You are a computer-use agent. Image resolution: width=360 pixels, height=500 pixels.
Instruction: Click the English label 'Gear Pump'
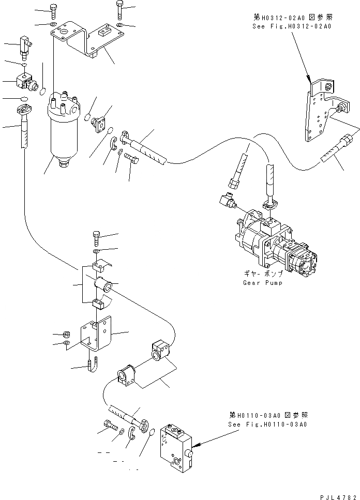pos(262,283)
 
